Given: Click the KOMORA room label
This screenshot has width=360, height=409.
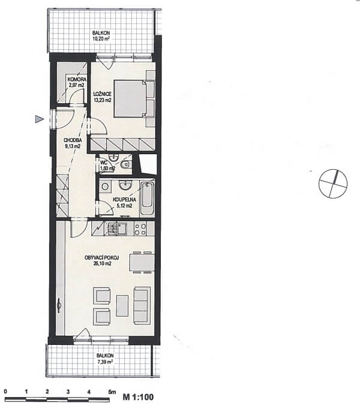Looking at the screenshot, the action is pos(76,79).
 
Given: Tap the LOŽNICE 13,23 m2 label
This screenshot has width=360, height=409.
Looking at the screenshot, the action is pos(103,97).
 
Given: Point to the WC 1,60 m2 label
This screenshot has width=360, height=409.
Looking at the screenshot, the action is pos(107,166).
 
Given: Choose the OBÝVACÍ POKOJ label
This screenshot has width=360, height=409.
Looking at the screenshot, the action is pos(102,258).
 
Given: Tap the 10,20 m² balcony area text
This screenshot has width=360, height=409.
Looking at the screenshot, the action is pos(101,39).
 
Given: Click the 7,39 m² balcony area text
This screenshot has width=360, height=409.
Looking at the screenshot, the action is pos(104,362).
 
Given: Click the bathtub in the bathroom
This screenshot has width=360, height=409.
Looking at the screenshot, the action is pos(147,199).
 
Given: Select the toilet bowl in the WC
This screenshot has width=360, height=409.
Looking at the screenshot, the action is pos(126,164).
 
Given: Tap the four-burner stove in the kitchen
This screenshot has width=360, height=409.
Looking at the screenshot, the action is pos(140,229).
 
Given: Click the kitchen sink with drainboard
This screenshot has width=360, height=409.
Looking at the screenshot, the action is pos(116,228).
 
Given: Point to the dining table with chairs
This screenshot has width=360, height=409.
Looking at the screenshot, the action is pos(142,262).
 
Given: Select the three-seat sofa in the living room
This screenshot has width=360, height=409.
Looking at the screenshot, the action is pos(142,305).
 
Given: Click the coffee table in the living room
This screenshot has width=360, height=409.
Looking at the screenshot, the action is pos(122,305).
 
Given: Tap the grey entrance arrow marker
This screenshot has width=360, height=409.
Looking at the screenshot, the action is pos(39,119).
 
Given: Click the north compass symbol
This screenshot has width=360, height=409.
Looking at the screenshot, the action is pos(333,184).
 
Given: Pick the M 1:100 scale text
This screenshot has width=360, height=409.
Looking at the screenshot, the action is pos(138,397).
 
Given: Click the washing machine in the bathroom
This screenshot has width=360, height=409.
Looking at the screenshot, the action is pos(105,187).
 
